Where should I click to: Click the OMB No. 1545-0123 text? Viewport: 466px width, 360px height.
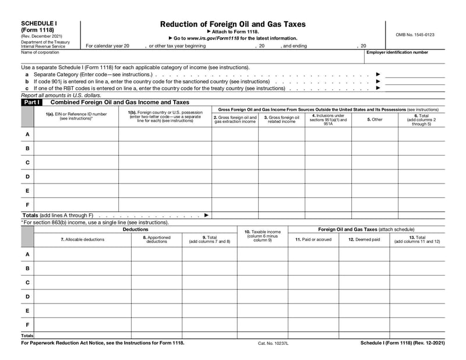[415, 35]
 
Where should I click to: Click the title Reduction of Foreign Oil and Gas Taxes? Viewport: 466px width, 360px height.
[232, 24]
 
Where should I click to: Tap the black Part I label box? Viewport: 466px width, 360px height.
[31, 102]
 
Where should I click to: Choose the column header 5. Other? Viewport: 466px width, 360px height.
[375, 119]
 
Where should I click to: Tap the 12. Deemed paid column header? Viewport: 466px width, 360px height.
[364, 239]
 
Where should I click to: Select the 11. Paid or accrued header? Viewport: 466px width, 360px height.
[313, 239]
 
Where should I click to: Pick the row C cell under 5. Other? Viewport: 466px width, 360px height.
[375, 162]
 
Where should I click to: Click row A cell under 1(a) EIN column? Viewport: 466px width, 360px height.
[76, 134]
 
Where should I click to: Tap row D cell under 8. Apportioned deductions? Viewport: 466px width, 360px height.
[157, 297]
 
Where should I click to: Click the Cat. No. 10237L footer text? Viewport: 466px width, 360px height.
[273, 343]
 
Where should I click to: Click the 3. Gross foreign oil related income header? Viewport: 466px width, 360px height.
[281, 119]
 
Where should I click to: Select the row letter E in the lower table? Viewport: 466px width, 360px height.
[27, 310]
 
